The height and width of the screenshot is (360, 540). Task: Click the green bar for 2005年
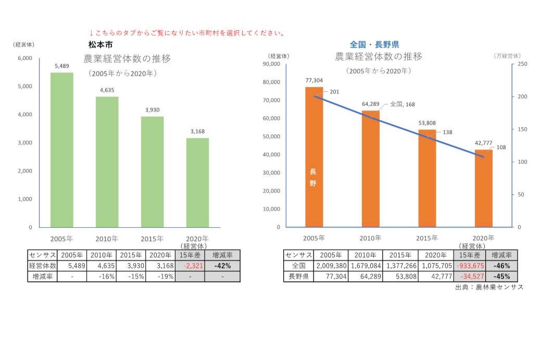tap(61, 150)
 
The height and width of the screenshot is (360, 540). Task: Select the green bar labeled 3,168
tap(197, 182)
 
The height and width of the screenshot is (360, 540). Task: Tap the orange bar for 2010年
tap(371, 169)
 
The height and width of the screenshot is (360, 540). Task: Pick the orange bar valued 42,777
tap(484, 188)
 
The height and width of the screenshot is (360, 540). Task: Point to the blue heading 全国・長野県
tap(374, 45)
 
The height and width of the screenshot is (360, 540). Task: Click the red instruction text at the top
tap(187, 33)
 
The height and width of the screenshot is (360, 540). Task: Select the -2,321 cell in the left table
tap(190, 266)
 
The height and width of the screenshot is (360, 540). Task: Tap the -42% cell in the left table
tap(222, 266)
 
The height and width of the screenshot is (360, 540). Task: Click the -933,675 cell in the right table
tap(470, 266)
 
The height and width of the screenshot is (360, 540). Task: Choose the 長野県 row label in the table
tap(298, 277)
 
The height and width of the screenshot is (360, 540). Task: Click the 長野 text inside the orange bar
tap(313, 177)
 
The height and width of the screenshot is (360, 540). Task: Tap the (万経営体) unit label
tap(506, 55)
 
